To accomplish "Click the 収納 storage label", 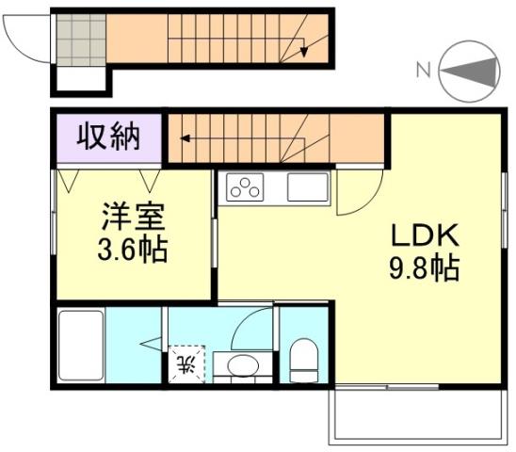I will pos(108,137).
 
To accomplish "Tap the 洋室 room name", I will pos(134,218).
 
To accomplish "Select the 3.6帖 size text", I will pos(134,251).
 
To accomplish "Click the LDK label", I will pos(424,234).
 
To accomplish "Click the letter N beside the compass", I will pos(424,67).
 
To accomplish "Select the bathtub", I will pos(79,346).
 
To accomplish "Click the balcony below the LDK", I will pos(414,415).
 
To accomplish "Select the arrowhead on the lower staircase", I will pos(186,139).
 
